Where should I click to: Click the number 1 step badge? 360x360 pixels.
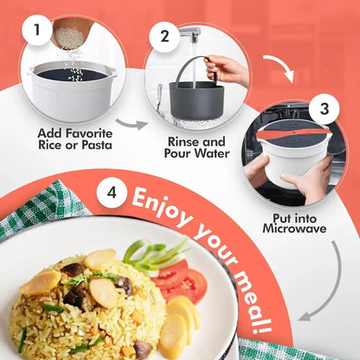(36, 33)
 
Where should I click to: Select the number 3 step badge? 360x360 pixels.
(324, 109)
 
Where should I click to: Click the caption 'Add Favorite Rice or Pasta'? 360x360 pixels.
(74, 141)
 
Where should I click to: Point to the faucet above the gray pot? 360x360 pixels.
(192, 35)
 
